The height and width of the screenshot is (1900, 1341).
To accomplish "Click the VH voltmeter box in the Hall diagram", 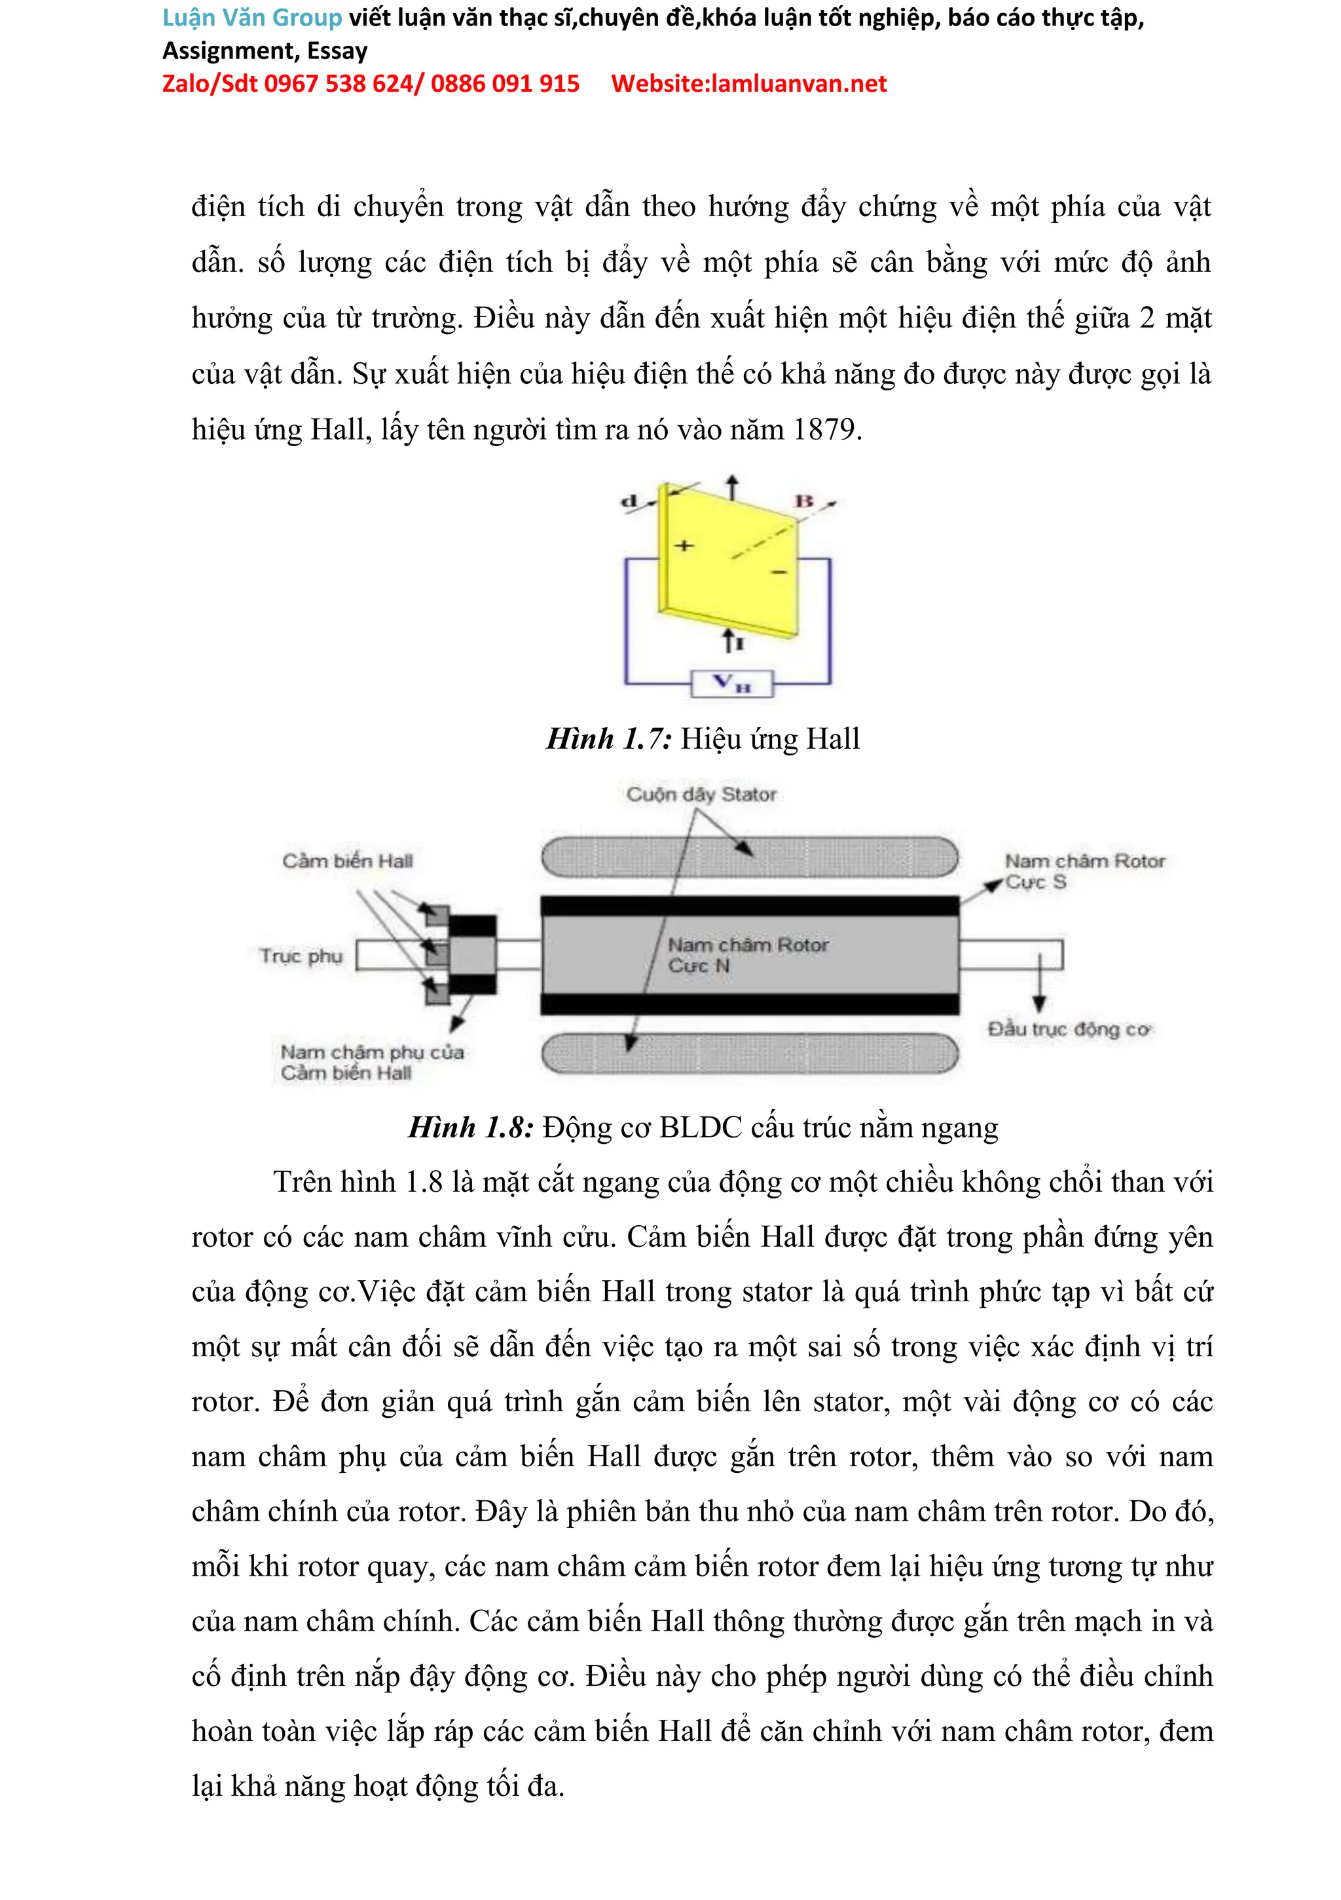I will tap(731, 683).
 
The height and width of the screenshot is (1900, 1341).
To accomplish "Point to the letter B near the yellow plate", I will tap(804, 501).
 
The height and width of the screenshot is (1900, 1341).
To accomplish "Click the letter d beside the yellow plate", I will tap(629, 501).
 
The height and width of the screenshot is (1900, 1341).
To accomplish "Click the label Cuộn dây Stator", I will tap(701, 795).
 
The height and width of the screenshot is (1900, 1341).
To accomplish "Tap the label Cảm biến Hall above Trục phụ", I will tap(348, 861).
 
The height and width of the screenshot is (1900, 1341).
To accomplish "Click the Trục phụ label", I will tap(301, 956).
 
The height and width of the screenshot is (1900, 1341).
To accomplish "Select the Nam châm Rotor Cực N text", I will tap(746, 955).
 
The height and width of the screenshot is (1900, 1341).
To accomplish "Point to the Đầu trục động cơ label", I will tap(1069, 1029).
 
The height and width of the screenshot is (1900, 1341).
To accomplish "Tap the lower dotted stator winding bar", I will tap(750, 1054).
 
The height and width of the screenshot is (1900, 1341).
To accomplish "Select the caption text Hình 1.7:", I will tap(609, 739).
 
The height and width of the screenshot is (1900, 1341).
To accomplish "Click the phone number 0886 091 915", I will tap(505, 84).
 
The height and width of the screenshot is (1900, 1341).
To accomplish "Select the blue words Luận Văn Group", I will tap(252, 18).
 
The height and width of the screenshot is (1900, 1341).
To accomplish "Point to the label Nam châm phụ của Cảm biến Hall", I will tap(371, 1063).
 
